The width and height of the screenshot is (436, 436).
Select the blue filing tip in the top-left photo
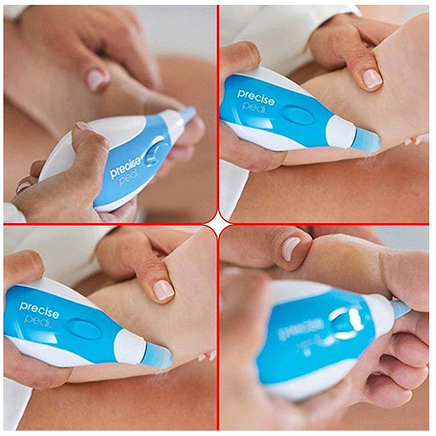[186, 114]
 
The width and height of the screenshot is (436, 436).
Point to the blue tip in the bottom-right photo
[401, 310]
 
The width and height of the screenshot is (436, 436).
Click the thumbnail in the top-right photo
[372, 78]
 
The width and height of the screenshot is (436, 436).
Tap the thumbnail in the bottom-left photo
[163, 289]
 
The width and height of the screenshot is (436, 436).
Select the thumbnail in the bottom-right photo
[290, 249]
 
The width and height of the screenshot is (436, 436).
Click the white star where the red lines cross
[218, 224]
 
